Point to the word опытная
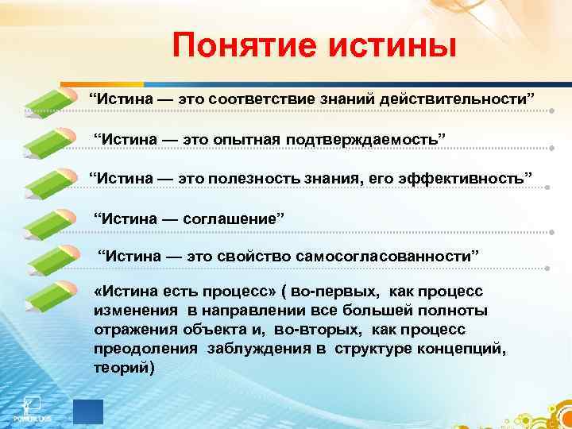pos(243,139)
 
